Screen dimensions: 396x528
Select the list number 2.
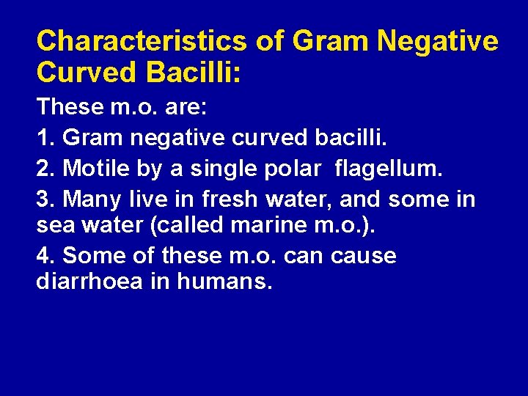click(43, 169)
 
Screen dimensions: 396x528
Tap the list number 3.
click(43, 199)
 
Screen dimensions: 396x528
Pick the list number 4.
click(43, 256)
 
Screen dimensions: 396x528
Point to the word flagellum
click(389, 169)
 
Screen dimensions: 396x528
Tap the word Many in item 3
click(93, 199)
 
